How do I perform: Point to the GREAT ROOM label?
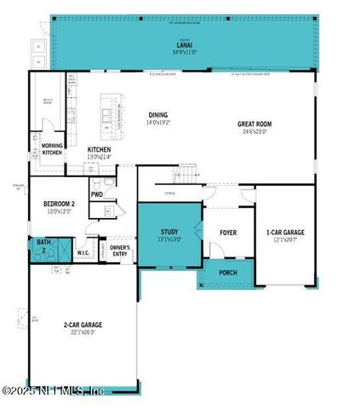[254, 124]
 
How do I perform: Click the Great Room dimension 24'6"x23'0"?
[254, 131]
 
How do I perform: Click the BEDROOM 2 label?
[60, 204]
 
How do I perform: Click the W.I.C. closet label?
[83, 252]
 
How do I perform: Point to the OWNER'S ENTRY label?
[119, 251]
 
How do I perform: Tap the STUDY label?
[169, 232]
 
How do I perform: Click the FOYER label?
[228, 232]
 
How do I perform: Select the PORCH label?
[227, 274]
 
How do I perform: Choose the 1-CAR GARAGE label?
[285, 232]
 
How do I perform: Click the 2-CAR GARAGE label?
[83, 325]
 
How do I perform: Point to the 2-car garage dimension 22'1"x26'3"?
[83, 332]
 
